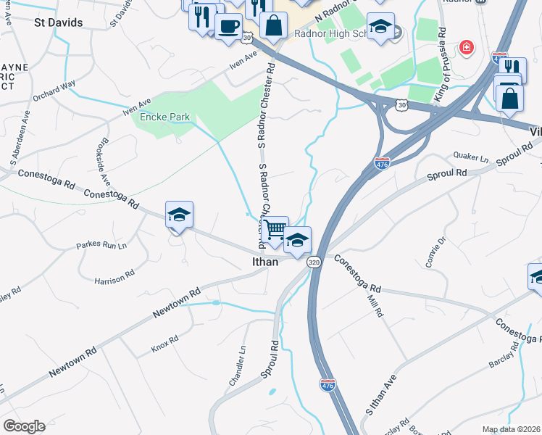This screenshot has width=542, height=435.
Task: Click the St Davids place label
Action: (59, 22)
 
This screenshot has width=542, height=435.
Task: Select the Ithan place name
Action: (265, 262)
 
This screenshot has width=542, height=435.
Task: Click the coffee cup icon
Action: (228, 26)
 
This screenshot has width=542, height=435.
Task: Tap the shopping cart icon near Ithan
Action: (275, 230)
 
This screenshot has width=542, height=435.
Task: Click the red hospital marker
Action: (467, 48)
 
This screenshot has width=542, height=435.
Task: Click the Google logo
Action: (24, 426)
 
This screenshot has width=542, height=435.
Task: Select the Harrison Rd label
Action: (114, 278)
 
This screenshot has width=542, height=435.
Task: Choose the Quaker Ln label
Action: (472, 157)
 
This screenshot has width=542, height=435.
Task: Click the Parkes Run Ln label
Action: (101, 246)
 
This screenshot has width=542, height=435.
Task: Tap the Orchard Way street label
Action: (54, 88)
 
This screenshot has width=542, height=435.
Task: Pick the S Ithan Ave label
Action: (380, 395)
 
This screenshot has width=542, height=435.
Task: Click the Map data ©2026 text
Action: (511, 429)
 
